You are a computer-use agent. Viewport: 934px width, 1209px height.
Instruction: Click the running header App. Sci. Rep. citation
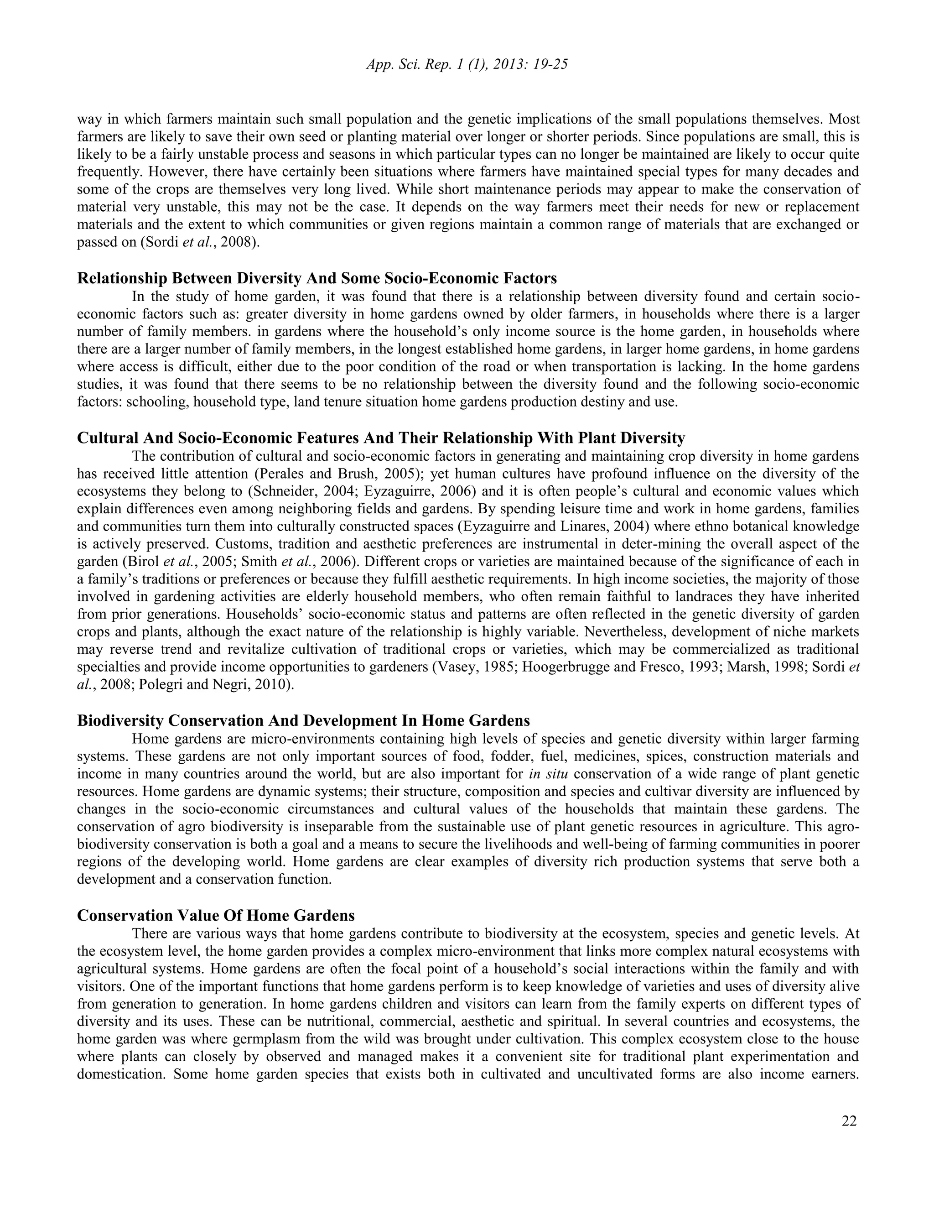(467, 65)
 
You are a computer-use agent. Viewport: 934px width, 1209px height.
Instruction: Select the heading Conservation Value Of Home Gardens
(216, 915)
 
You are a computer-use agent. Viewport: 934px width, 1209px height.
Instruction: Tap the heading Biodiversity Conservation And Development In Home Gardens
(303, 721)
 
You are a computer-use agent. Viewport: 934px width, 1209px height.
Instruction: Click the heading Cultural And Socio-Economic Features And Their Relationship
(381, 438)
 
